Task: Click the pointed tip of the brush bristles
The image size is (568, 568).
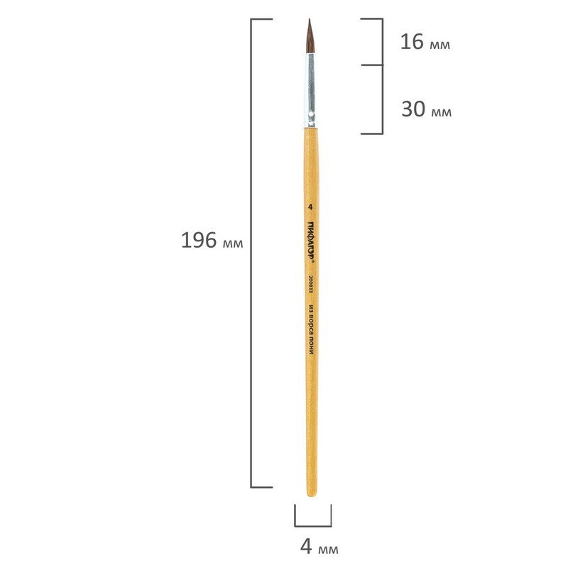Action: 310,20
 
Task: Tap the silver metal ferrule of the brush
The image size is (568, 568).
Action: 310,90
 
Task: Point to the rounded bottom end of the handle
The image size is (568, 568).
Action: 312,495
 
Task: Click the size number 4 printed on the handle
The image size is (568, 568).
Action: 310,207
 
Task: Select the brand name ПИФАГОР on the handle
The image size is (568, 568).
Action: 311,239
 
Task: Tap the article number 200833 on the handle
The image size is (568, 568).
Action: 310,285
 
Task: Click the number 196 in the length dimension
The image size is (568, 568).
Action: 199,240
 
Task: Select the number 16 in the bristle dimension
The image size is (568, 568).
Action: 412,42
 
